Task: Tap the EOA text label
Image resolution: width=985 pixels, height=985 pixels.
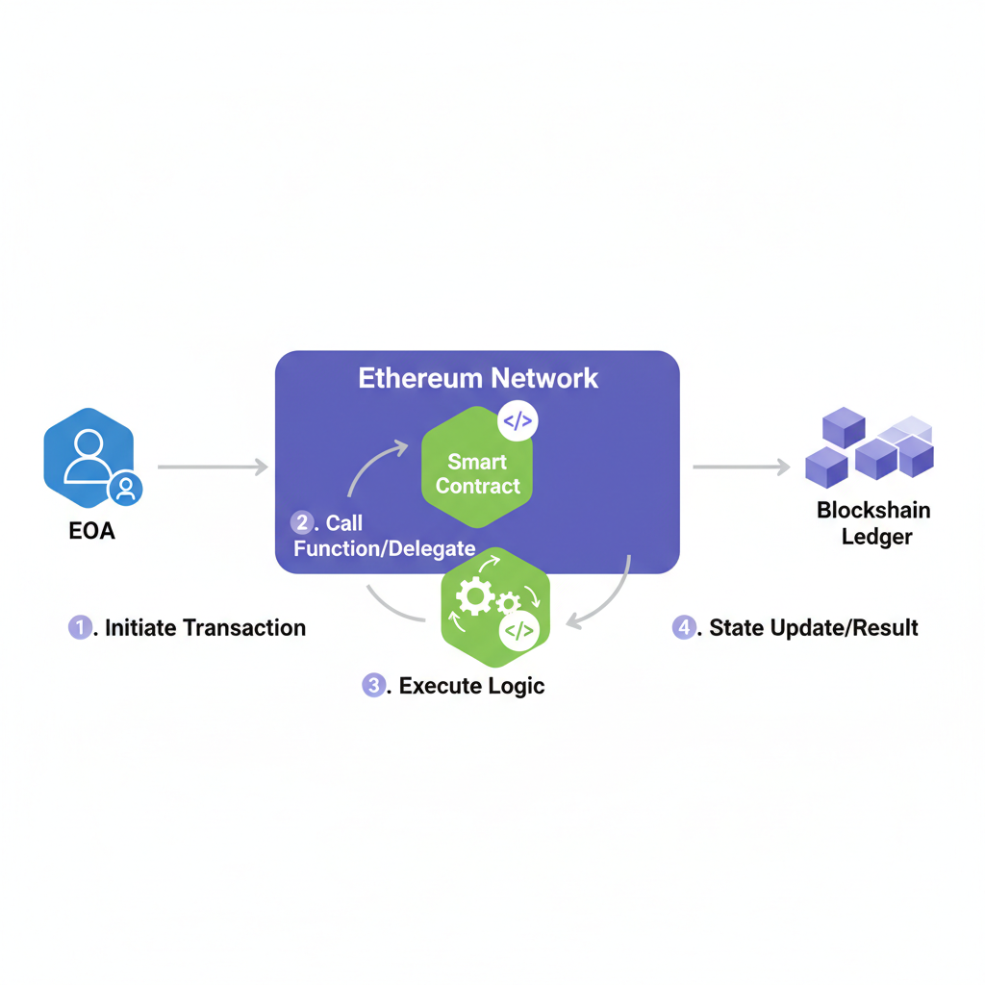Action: pyautogui.click(x=92, y=531)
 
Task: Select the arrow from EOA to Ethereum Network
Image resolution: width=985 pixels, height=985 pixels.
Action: pyautogui.click(x=213, y=467)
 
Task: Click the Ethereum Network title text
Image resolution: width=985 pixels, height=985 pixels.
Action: pyautogui.click(x=478, y=378)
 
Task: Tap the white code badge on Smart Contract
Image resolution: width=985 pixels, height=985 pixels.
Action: pyautogui.click(x=517, y=421)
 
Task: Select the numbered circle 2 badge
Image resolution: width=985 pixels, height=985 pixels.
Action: pyautogui.click(x=302, y=522)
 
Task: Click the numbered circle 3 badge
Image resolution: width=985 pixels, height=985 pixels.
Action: pyautogui.click(x=373, y=686)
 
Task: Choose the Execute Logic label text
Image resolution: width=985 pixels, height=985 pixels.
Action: pyautogui.click(x=471, y=686)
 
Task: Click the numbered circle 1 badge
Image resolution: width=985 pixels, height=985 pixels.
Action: pyautogui.click(x=79, y=628)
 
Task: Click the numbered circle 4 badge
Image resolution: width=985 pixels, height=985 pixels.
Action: pyautogui.click(x=683, y=628)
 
